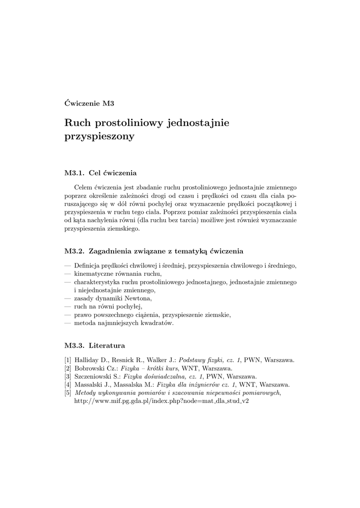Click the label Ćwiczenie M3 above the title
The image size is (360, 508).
pyautogui.click(x=89, y=104)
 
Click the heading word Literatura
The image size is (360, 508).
pyautogui.click(x=107, y=345)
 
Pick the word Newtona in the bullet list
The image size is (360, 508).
pyautogui.click(x=139, y=298)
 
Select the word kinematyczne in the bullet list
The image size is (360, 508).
pyautogui.click(x=93, y=273)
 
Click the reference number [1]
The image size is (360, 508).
pyautogui.click(x=68, y=360)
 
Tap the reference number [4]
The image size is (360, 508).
pyautogui.click(x=68, y=384)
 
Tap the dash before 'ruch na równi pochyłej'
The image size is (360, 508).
pyautogui.click(x=68, y=307)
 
